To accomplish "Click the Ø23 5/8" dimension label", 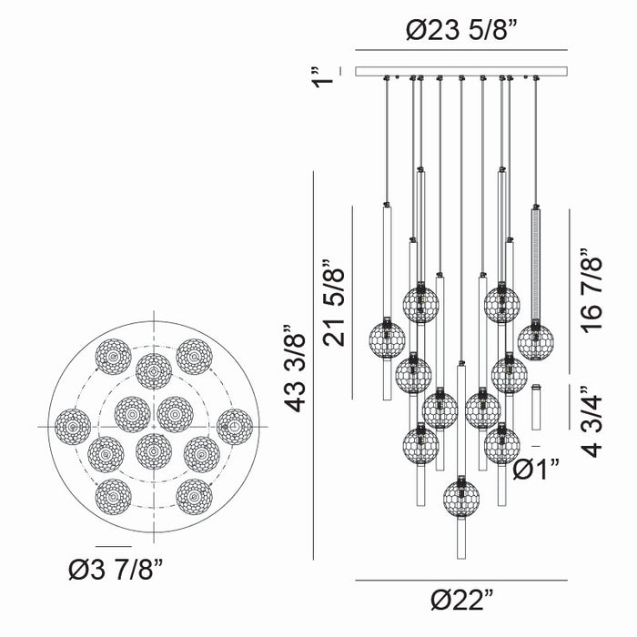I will (460, 30).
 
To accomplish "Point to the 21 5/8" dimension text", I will (335, 305).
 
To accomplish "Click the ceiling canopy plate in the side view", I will (460, 71).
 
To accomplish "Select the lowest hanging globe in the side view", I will (461, 497).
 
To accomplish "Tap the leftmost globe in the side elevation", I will (387, 339).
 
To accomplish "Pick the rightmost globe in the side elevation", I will (535, 341).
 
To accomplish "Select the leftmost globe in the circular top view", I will (73, 426).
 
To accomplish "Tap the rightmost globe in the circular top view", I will (235, 426).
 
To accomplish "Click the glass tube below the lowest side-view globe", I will (461, 537).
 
